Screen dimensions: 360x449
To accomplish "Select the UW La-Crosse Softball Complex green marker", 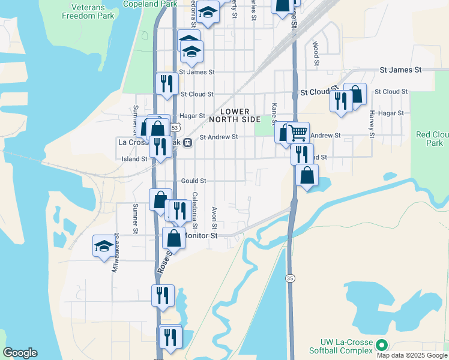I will click(x=381, y=345).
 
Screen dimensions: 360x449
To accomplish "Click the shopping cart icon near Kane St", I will click(x=297, y=132).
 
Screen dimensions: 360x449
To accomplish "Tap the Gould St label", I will click(x=193, y=181).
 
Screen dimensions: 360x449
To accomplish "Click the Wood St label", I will click(x=315, y=50).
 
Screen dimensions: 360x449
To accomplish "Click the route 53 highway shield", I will click(x=174, y=128).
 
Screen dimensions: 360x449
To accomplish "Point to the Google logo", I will click(x=20, y=353).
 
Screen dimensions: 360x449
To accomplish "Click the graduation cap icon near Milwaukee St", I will click(x=103, y=245).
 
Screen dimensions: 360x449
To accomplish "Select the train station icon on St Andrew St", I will click(x=188, y=143).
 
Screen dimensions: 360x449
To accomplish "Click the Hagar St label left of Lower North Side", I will click(x=193, y=116).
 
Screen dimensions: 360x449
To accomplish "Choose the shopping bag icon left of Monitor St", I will click(x=173, y=238).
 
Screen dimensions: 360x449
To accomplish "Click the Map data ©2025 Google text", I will click(x=412, y=355).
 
